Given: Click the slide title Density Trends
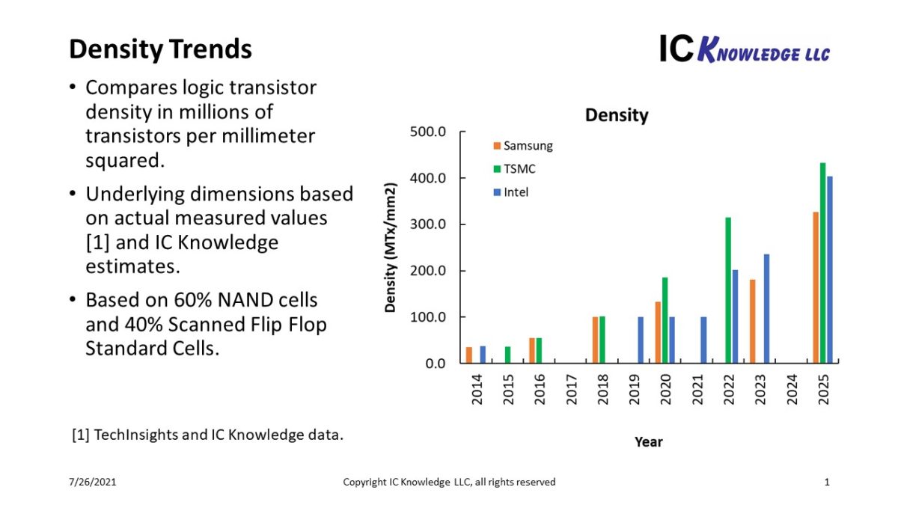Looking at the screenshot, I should point(160,49).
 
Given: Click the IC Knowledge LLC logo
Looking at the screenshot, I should point(744,49).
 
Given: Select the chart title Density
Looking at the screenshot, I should point(617,115).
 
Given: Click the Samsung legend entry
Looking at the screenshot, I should point(523,146).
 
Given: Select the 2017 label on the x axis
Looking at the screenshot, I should point(572,391).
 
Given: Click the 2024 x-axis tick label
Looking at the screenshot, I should point(792,391).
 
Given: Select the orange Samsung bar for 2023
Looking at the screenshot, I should point(753,321).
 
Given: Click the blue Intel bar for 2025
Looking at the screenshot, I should point(829,269).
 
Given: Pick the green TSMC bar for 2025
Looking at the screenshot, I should point(822,263).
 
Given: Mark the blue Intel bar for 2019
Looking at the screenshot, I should point(641,340).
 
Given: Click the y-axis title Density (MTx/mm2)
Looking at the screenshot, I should point(391,247).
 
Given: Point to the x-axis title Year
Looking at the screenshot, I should point(648,441).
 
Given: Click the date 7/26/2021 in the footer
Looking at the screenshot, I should point(94,483).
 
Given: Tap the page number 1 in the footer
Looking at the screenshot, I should point(827,483).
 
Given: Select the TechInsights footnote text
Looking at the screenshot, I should point(207,435).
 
